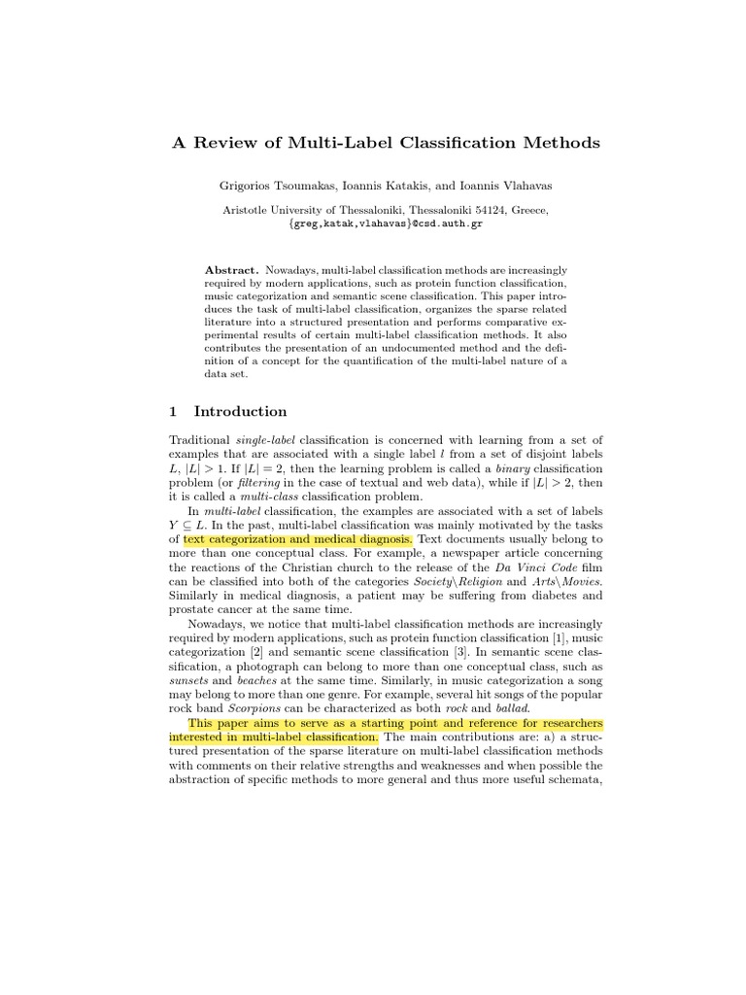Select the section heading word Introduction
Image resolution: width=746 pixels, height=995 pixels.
coord(240,411)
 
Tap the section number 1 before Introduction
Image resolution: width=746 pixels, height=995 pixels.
coord(173,411)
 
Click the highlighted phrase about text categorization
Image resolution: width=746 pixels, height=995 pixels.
coord(298,538)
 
